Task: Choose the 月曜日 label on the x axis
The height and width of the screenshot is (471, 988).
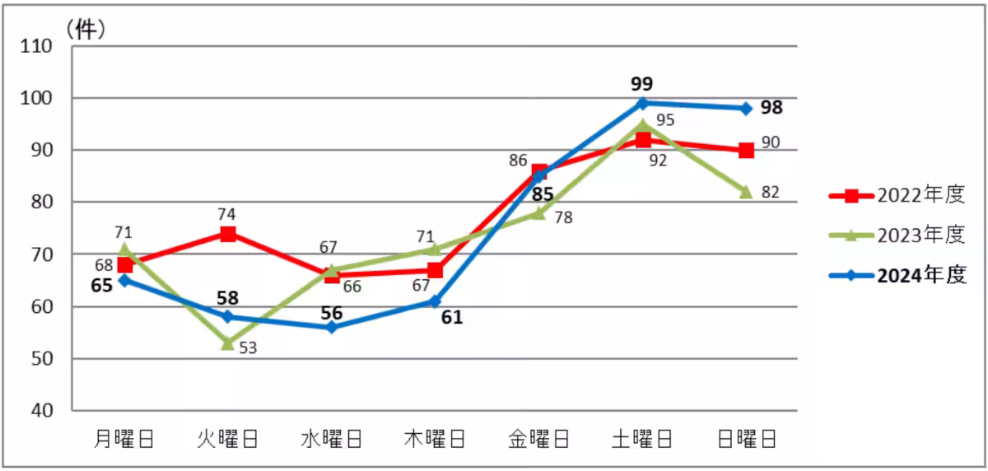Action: [x=124, y=438]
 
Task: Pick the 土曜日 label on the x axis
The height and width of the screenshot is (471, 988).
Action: [x=642, y=438]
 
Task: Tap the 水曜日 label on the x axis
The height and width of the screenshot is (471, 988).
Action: [x=332, y=438]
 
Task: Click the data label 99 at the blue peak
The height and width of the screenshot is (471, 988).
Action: [x=641, y=83]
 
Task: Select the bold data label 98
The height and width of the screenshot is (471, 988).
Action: [x=771, y=108]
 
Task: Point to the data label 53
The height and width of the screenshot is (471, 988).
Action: [x=248, y=348]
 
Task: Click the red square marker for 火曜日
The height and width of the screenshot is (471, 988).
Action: [x=228, y=234]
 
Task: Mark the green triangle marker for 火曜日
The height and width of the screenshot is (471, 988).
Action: [x=228, y=343]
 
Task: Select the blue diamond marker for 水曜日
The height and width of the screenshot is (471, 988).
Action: [x=332, y=327]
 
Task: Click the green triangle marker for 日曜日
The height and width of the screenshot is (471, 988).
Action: [x=746, y=191]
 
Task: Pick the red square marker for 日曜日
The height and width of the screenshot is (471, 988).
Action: [x=746, y=150]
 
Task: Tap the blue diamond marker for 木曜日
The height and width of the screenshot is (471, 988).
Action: [x=436, y=301]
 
